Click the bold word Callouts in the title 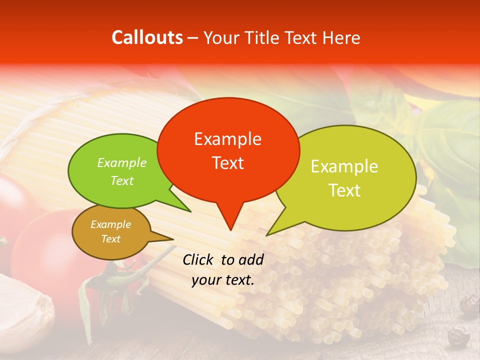pyautogui.click(x=147, y=37)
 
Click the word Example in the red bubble pyautogui.click(x=227, y=139)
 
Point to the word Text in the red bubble pyautogui.click(x=227, y=163)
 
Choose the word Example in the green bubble pyautogui.click(x=122, y=163)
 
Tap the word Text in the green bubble pyautogui.click(x=122, y=180)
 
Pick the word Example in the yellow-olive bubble pyautogui.click(x=344, y=166)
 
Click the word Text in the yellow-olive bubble pyautogui.click(x=344, y=190)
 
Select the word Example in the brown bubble pyautogui.click(x=110, y=224)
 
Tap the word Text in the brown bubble pyautogui.click(x=110, y=239)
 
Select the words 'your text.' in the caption pyautogui.click(x=223, y=280)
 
